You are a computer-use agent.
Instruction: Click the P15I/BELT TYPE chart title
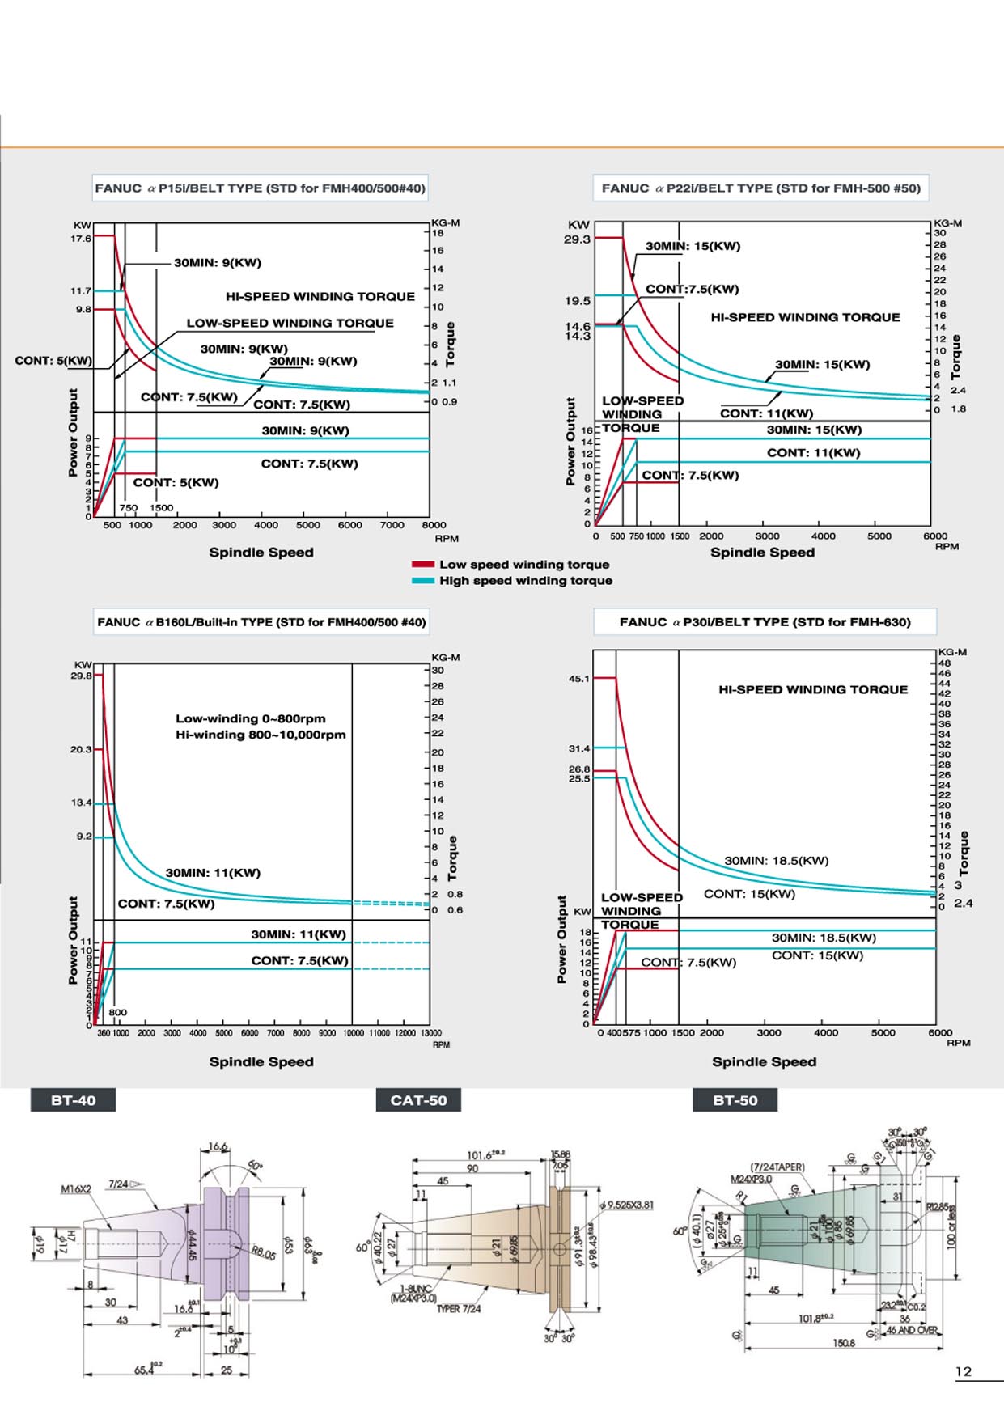260,188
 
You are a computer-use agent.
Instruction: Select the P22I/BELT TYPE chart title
760,188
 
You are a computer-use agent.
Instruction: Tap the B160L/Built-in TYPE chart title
261,622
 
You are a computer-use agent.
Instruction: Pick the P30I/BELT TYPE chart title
765,622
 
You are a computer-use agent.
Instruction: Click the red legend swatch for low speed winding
423,565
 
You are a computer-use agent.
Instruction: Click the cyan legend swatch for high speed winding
423,581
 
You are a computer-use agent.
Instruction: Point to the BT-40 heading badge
73,1100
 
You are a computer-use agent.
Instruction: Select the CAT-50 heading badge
418,1100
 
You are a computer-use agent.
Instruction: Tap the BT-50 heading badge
735,1100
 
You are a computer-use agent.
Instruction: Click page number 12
964,1372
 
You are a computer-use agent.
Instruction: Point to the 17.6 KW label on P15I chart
81,239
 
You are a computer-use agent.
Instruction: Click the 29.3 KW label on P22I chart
577,239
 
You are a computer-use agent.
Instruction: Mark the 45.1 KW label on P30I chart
579,679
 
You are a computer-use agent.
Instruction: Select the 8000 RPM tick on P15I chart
434,525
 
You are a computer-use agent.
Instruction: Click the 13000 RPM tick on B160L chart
431,1033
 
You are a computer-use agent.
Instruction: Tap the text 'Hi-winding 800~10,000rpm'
261,735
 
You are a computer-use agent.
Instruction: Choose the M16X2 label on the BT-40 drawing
76,1189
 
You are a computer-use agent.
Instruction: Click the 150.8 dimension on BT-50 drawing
844,1344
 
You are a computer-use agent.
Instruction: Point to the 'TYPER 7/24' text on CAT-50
459,1309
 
